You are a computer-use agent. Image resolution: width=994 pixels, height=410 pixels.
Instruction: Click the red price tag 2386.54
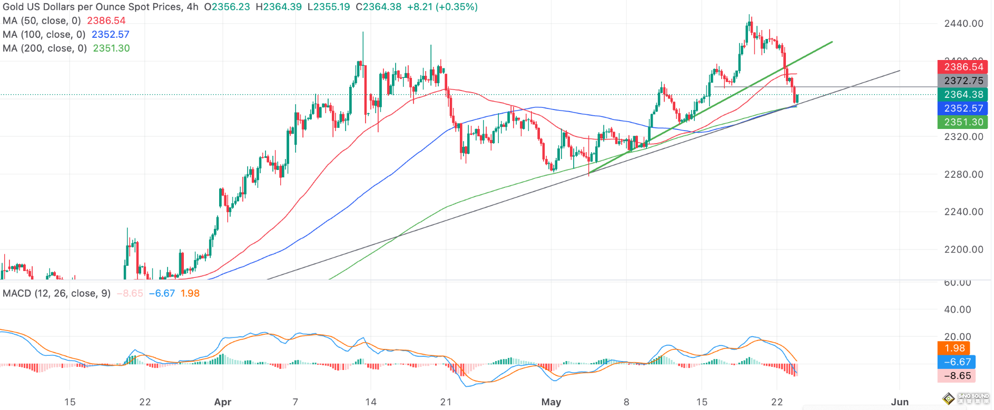tap(963, 67)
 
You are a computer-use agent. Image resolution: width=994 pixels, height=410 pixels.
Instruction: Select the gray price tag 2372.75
tap(963, 81)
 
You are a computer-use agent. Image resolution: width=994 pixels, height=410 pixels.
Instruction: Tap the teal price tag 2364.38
tap(963, 94)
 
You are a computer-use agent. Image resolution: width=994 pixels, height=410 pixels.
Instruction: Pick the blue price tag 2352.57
tap(963, 108)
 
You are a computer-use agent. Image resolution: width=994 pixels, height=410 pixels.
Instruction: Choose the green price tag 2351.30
tap(963, 122)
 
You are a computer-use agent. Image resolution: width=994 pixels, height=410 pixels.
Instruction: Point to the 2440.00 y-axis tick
tap(963, 23)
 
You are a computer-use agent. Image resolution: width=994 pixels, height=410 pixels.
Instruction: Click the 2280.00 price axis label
tap(963, 174)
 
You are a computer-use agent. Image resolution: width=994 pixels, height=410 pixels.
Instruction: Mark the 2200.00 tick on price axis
tap(963, 249)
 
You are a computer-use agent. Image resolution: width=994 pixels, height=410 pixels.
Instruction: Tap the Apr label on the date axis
tap(223, 402)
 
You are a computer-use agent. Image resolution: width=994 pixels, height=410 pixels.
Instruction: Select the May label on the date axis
tap(551, 402)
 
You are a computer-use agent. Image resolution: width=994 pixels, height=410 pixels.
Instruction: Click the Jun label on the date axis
tap(900, 402)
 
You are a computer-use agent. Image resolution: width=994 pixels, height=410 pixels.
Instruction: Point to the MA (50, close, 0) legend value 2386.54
tap(106, 21)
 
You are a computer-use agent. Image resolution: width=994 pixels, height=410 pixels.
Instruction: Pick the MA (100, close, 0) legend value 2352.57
tap(111, 34)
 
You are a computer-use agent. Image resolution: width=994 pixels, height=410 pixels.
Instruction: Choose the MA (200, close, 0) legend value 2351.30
tap(111, 48)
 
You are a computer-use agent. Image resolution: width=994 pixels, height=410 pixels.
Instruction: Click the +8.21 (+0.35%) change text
tap(442, 7)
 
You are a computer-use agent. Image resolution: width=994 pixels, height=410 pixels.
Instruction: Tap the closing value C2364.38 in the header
tap(378, 7)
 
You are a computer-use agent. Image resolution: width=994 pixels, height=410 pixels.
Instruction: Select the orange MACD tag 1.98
tap(954, 348)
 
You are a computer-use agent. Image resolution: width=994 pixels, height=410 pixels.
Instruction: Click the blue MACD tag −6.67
tap(957, 362)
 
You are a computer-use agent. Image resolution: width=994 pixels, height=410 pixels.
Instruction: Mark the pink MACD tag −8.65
tap(957, 376)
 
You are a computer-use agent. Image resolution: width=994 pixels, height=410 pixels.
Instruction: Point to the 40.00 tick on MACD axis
tap(957, 309)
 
